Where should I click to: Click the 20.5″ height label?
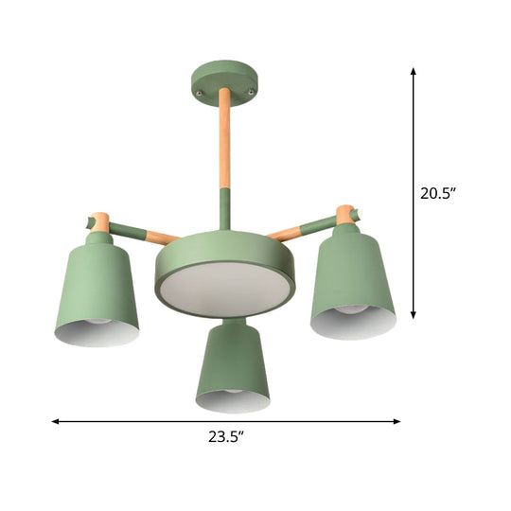click(438, 194)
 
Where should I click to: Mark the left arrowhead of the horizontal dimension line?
click(55, 421)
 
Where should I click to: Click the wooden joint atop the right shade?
click(345, 214)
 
